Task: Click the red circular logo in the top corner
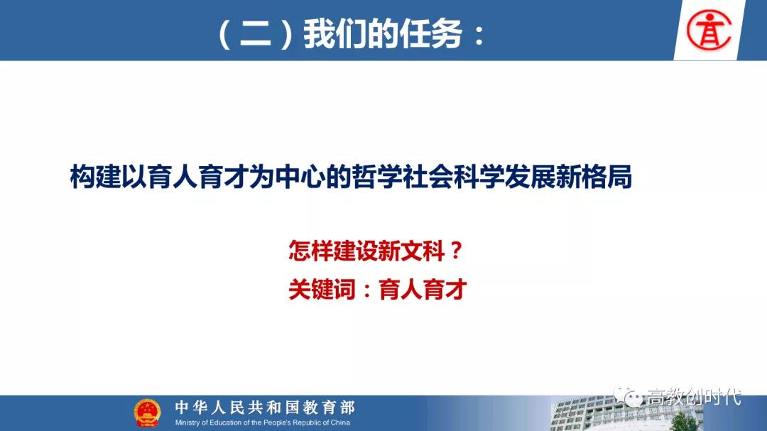click(x=709, y=31)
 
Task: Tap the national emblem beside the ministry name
click(x=147, y=413)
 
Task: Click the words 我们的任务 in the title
click(x=383, y=34)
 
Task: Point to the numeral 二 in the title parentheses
click(x=256, y=35)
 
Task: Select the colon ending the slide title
click(x=479, y=36)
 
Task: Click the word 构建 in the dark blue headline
click(x=95, y=177)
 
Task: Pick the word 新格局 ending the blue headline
click(x=594, y=177)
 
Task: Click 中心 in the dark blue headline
click(x=300, y=177)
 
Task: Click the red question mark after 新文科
click(x=456, y=251)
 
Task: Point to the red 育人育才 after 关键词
click(x=423, y=289)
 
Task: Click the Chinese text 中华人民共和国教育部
click(x=265, y=407)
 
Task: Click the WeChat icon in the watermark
click(x=628, y=396)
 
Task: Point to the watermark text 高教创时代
click(x=694, y=397)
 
